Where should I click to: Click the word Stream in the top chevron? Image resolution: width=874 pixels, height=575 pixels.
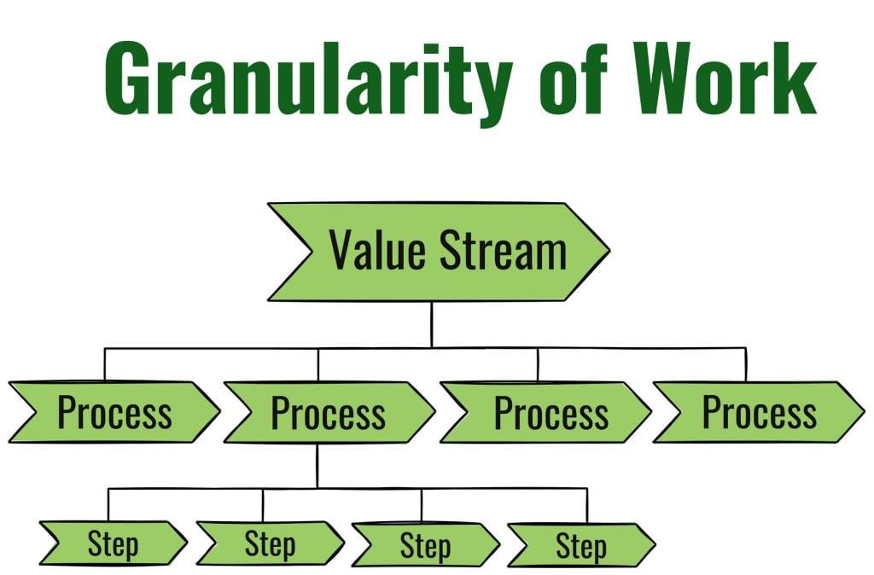click(x=504, y=251)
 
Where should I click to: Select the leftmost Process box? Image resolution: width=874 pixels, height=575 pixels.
click(x=114, y=412)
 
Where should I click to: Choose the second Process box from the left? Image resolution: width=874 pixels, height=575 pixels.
click(x=329, y=412)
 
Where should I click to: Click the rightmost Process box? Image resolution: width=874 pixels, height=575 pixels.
click(x=759, y=412)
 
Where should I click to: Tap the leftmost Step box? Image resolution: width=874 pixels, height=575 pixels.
click(x=113, y=543)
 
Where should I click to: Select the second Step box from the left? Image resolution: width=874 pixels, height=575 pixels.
click(x=270, y=543)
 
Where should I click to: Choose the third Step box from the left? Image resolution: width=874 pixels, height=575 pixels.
click(x=425, y=543)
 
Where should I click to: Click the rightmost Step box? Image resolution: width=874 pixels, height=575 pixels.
click(x=581, y=543)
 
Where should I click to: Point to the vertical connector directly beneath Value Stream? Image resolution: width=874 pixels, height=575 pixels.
click(x=431, y=324)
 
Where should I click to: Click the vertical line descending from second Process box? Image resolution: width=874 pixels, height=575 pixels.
click(x=317, y=465)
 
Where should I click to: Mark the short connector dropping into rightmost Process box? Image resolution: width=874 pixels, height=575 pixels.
click(x=745, y=364)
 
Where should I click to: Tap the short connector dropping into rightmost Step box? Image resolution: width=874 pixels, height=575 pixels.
click(x=586, y=504)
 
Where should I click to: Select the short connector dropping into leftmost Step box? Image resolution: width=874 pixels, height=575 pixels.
click(x=108, y=504)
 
